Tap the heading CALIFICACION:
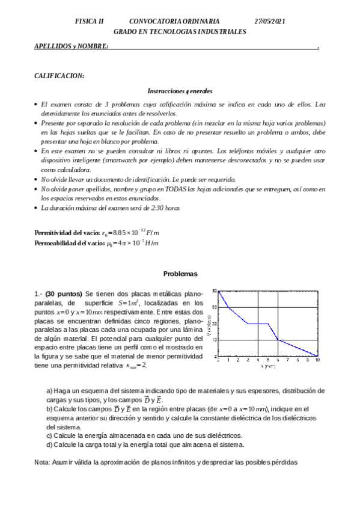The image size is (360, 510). (x=59, y=76)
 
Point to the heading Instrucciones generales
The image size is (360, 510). (x=180, y=91)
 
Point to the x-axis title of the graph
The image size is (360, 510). (x=268, y=365)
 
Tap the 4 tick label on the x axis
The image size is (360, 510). (x=258, y=360)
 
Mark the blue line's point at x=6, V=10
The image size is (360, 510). (x=278, y=340)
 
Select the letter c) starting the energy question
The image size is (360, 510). (x=50, y=435)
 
